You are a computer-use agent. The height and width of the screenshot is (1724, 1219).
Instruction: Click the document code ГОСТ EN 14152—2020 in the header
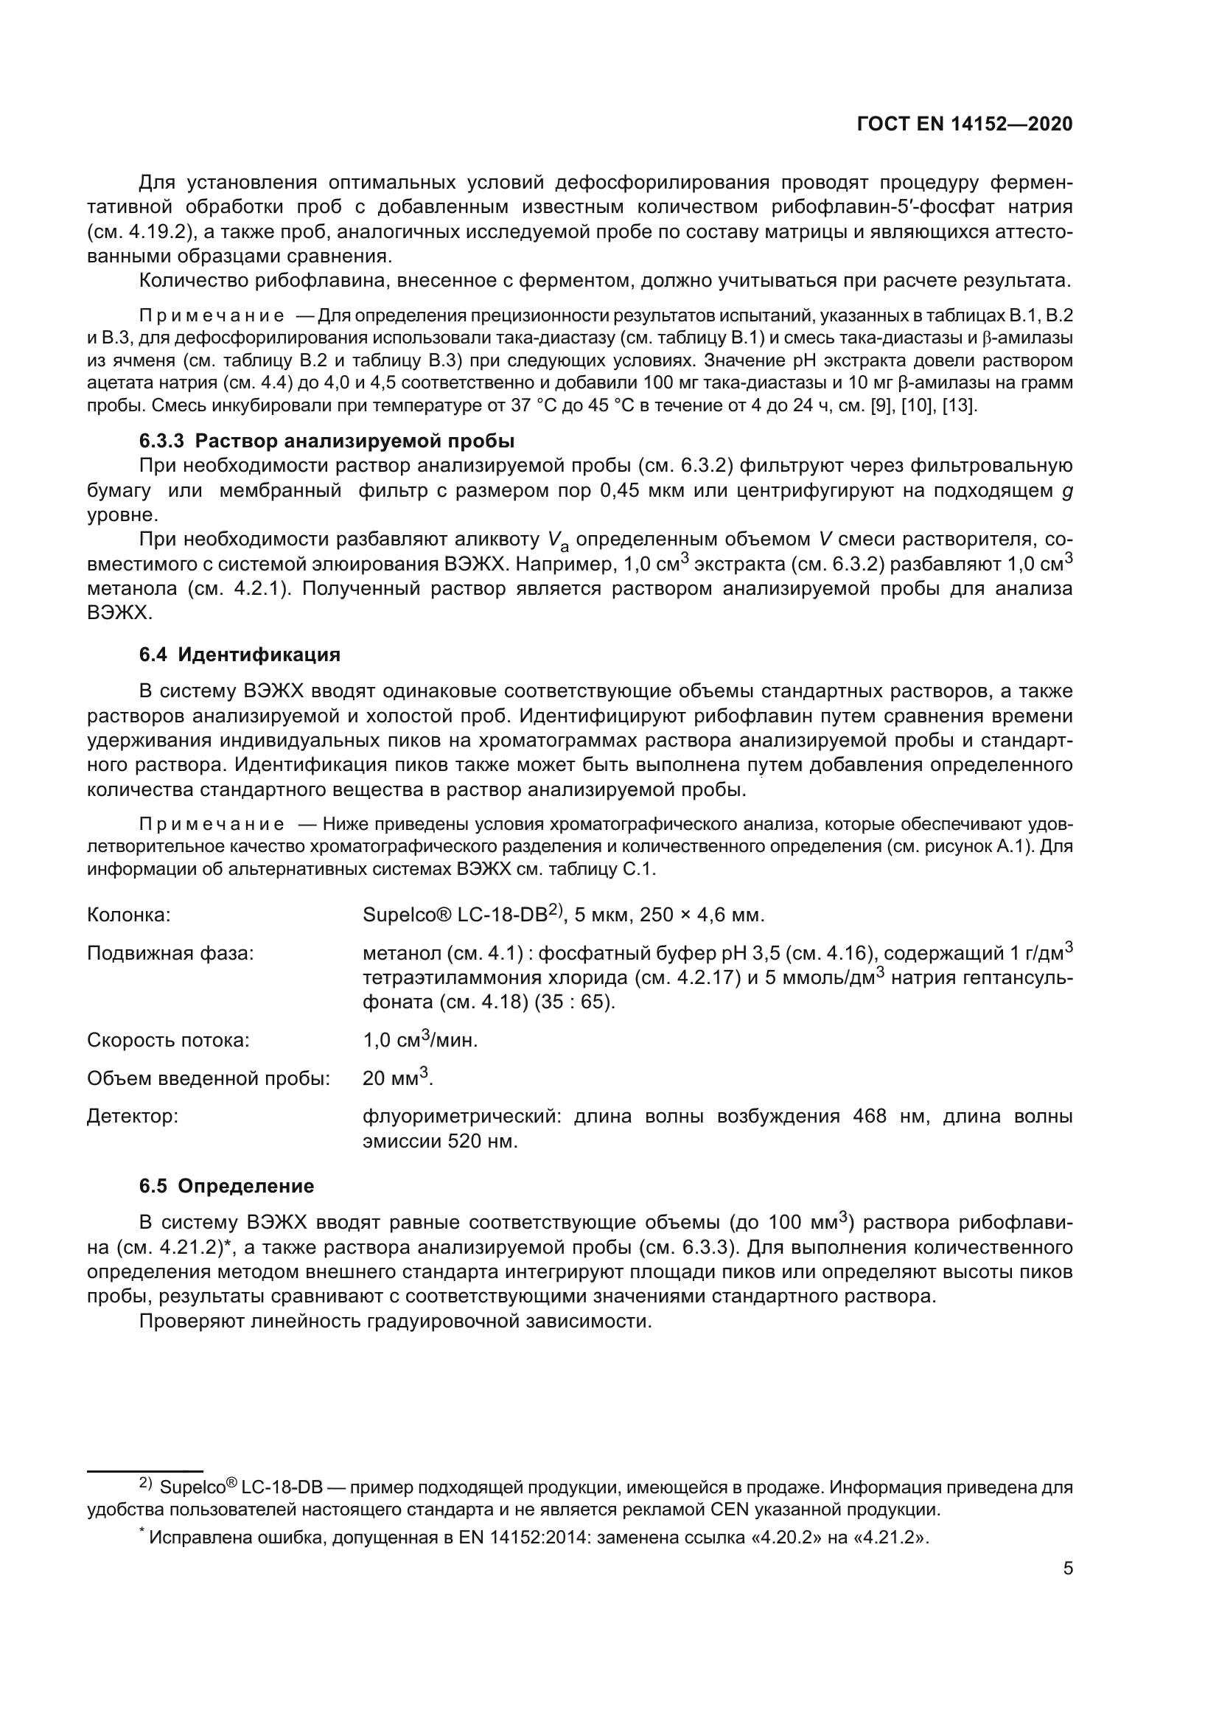[964, 125]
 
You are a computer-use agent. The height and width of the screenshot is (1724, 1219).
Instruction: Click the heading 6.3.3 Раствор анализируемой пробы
[326, 440]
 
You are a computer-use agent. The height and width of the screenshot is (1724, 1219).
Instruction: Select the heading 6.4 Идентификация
[240, 655]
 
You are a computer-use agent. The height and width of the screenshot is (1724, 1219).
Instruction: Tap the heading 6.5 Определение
[227, 1187]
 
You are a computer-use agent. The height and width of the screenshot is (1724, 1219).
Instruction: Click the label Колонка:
[128, 915]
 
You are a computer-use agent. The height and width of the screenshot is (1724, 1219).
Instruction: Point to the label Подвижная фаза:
[170, 954]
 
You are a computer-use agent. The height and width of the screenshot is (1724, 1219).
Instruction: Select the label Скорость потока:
[168, 1041]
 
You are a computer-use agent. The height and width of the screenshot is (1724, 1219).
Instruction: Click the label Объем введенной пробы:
[208, 1079]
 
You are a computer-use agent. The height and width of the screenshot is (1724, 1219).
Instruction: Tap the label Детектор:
[132, 1117]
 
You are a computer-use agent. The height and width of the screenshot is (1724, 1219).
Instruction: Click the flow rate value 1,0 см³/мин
[419, 1040]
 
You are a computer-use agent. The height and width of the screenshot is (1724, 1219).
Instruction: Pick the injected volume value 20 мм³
[397, 1078]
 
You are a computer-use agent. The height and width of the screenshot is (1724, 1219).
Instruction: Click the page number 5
[1068, 1568]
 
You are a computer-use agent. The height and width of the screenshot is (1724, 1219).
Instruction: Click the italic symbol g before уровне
[1066, 492]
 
